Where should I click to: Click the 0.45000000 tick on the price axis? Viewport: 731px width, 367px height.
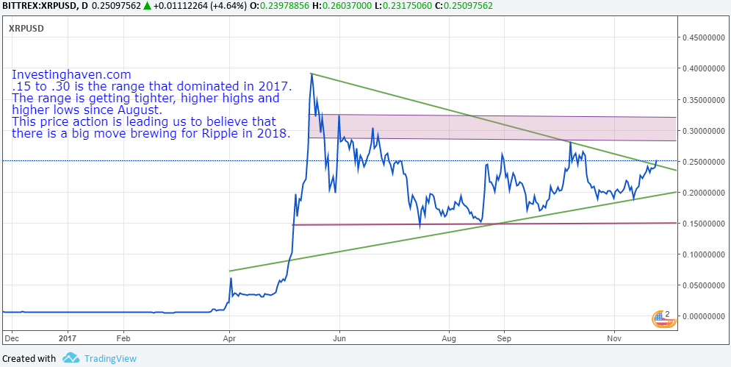[x=701, y=37]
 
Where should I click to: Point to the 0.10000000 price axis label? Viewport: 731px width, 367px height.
[x=701, y=254]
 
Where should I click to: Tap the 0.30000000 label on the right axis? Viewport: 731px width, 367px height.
[x=701, y=131]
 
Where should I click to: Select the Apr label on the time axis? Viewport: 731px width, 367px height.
[x=230, y=339]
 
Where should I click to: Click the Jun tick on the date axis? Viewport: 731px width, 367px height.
[x=339, y=339]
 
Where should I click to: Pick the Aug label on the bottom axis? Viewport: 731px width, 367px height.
[x=450, y=339]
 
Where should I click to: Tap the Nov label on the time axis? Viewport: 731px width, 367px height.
[x=613, y=339]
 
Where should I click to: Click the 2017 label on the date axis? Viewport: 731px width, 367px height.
[x=67, y=339]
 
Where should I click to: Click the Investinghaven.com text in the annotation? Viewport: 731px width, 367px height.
[x=71, y=75]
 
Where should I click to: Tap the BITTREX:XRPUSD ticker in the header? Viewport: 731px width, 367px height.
[x=39, y=6]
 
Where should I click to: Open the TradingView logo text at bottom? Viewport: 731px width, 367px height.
[x=109, y=359]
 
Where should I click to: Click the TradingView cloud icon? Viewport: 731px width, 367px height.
[x=71, y=358]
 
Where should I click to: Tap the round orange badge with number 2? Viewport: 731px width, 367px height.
[x=662, y=318]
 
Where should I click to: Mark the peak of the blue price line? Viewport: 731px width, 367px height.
[x=312, y=74]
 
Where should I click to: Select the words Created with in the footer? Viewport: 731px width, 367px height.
[x=29, y=359]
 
